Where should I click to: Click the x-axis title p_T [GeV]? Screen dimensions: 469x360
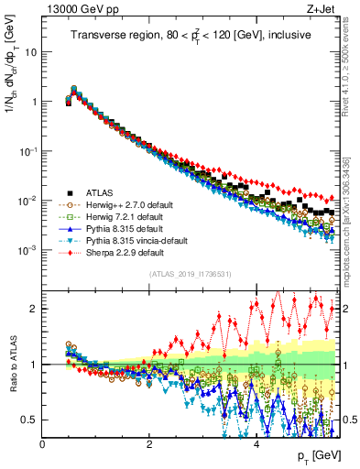tap(313, 455)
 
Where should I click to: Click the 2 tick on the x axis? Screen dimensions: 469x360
tap(149, 443)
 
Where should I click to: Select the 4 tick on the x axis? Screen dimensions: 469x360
tap(256, 443)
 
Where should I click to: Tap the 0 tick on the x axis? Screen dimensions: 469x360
tap(43, 443)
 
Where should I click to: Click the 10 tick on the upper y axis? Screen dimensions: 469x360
tap(30, 52)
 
